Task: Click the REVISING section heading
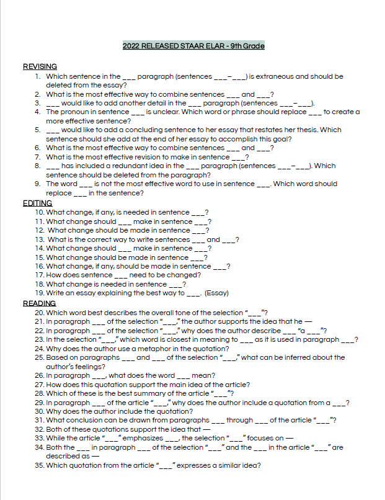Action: tap(40, 66)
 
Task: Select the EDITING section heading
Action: tap(37, 203)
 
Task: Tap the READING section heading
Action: tap(39, 303)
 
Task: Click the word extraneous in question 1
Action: tap(276, 76)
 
